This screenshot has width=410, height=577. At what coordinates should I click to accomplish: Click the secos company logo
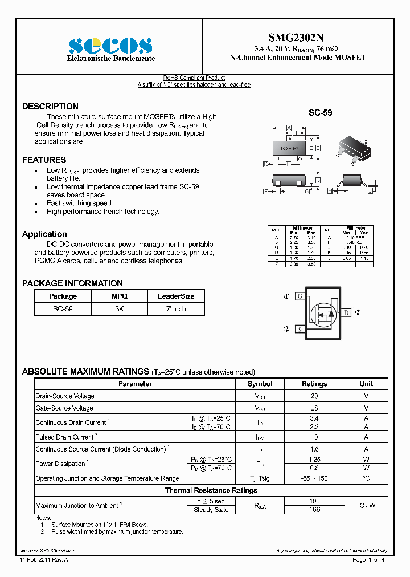tap(110, 46)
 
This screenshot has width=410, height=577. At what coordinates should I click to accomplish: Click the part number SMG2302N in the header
tap(297, 35)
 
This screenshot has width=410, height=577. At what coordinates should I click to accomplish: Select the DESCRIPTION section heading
tap(50, 107)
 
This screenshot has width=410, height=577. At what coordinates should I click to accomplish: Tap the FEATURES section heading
tap(44, 160)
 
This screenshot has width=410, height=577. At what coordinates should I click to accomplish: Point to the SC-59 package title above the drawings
tap(320, 113)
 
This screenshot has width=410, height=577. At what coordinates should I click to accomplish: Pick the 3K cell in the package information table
tap(120, 308)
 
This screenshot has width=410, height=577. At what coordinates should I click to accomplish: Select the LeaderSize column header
tap(176, 296)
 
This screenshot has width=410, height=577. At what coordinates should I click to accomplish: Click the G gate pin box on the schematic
tap(300, 296)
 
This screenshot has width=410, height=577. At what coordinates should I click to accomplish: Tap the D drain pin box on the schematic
tap(346, 312)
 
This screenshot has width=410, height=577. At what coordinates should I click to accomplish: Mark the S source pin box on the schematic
tap(300, 329)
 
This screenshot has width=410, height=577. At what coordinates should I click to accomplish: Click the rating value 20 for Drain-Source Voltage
tap(314, 396)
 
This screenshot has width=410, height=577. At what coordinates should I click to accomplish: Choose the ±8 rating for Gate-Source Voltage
tap(314, 408)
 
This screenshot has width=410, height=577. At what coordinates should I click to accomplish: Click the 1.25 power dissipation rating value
tap(314, 459)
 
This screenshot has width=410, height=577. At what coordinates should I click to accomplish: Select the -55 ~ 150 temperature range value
tap(314, 478)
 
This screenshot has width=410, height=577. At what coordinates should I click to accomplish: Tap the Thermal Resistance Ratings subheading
tap(211, 490)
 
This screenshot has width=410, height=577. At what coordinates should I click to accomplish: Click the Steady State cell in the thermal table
tap(211, 510)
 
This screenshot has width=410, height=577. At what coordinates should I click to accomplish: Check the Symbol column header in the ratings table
tap(260, 384)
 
